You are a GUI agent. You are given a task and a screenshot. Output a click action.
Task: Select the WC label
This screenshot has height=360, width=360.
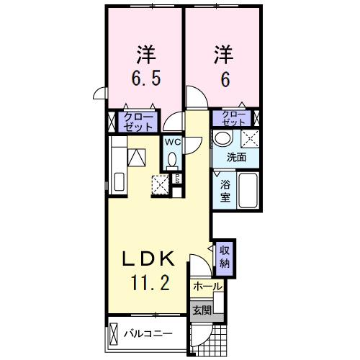point(173,142)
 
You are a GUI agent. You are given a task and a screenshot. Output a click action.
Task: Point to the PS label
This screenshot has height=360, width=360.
point(176,179)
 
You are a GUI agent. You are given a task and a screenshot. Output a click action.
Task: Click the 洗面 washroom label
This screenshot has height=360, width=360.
point(237,158)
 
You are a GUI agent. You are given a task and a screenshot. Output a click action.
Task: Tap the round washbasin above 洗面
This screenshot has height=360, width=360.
point(223,138)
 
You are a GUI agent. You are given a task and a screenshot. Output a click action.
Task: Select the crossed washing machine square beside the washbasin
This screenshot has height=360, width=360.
point(249,138)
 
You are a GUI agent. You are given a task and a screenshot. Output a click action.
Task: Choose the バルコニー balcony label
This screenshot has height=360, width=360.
point(147,335)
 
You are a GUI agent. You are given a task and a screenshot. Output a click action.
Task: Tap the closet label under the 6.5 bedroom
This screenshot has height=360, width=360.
point(138,120)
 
